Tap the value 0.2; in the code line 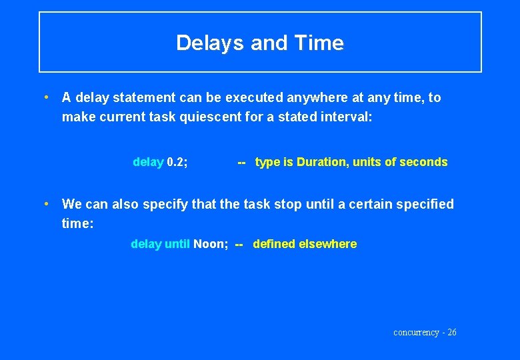click(x=177, y=162)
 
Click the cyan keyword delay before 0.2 click(x=148, y=162)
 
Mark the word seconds click(x=423, y=162)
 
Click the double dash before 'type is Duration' click(x=242, y=162)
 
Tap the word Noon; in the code click(x=211, y=244)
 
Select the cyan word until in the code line click(x=177, y=244)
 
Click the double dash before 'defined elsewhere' click(x=239, y=244)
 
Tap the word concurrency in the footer click(x=416, y=333)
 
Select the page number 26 click(x=451, y=333)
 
